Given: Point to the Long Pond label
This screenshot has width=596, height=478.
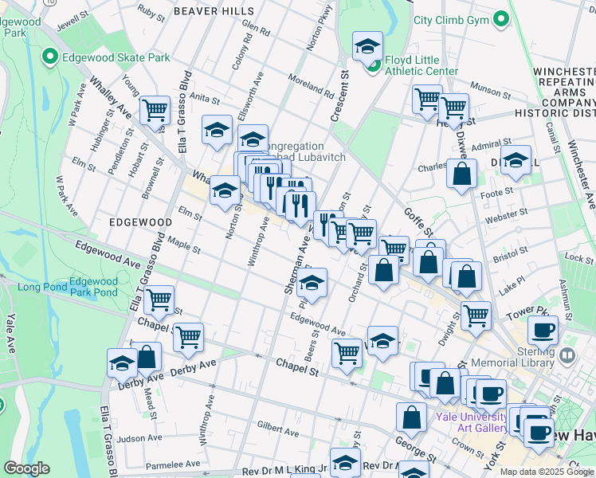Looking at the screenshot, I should click(x=40, y=287).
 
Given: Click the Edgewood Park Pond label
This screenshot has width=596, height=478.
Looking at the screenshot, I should click(x=93, y=287).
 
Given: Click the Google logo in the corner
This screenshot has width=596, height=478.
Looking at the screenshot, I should click(x=26, y=468).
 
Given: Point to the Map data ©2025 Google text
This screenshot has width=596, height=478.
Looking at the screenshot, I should click(x=547, y=472).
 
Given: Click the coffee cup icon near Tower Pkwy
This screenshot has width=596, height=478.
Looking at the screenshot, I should click(x=543, y=329).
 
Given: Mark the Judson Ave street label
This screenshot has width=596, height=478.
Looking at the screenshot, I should click(x=140, y=438).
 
